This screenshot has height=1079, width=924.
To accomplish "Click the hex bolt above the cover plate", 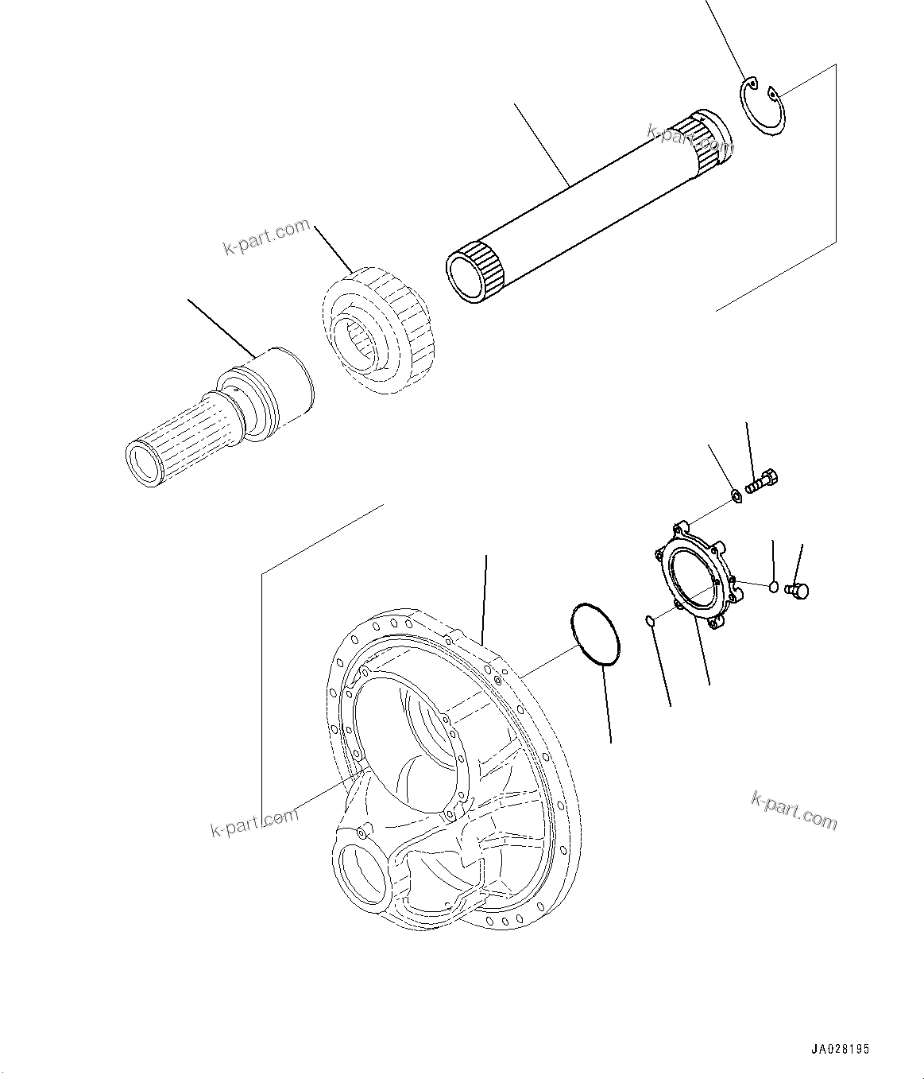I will click(x=763, y=481).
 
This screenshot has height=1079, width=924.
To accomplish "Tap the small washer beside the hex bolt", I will click(x=736, y=497).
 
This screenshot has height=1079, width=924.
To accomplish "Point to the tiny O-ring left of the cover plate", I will click(x=649, y=620).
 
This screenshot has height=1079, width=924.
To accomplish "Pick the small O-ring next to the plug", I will click(x=774, y=587).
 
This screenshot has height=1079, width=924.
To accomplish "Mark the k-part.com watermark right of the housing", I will click(x=794, y=810).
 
